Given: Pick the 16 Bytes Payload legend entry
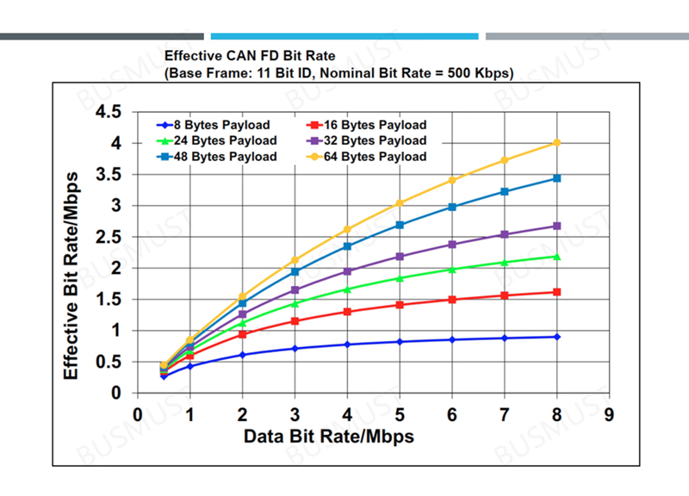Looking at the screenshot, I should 370,125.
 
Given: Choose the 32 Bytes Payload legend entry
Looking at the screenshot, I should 370,140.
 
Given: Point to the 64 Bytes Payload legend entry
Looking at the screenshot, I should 370,157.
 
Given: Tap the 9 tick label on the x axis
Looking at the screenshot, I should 610,413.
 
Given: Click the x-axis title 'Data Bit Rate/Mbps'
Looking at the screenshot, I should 329,437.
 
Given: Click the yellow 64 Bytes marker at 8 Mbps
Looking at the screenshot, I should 557,143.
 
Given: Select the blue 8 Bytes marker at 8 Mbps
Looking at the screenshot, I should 557,337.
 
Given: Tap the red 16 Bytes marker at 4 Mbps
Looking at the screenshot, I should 347,312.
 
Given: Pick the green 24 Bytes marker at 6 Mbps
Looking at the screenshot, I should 452,270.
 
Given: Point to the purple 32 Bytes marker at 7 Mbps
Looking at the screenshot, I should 505,234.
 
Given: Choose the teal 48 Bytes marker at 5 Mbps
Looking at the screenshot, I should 400,225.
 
